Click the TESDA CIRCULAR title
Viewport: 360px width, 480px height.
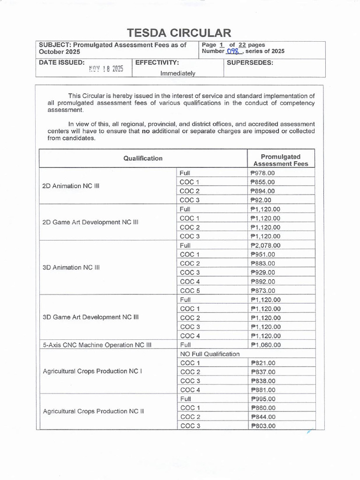pyautogui.click(x=180, y=33)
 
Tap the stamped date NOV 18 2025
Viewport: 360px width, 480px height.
pyautogui.click(x=106, y=69)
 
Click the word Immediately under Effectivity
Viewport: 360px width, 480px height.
pyautogui.click(x=178, y=73)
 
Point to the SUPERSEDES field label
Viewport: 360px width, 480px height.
pyautogui.click(x=250, y=62)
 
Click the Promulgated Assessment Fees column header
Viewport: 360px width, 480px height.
pyautogui.click(x=280, y=160)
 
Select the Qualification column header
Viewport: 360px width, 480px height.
pyautogui.click(x=143, y=158)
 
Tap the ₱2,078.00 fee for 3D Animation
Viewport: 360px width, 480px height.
pyautogui.click(x=266, y=245)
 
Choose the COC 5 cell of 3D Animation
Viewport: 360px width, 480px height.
pyautogui.click(x=190, y=291)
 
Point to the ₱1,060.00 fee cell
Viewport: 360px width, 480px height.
pyautogui.click(x=266, y=345)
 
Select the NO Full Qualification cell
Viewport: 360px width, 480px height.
pyautogui.click(x=210, y=354)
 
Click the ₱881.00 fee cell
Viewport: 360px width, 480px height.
pyautogui.click(x=263, y=390)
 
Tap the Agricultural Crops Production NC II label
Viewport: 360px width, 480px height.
pyautogui.click(x=93, y=412)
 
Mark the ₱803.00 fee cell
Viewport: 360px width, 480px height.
pyautogui.click(x=263, y=426)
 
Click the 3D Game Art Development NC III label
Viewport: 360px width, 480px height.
pyautogui.click(x=91, y=317)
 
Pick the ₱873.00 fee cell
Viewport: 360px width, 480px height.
pyautogui.click(x=263, y=291)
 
